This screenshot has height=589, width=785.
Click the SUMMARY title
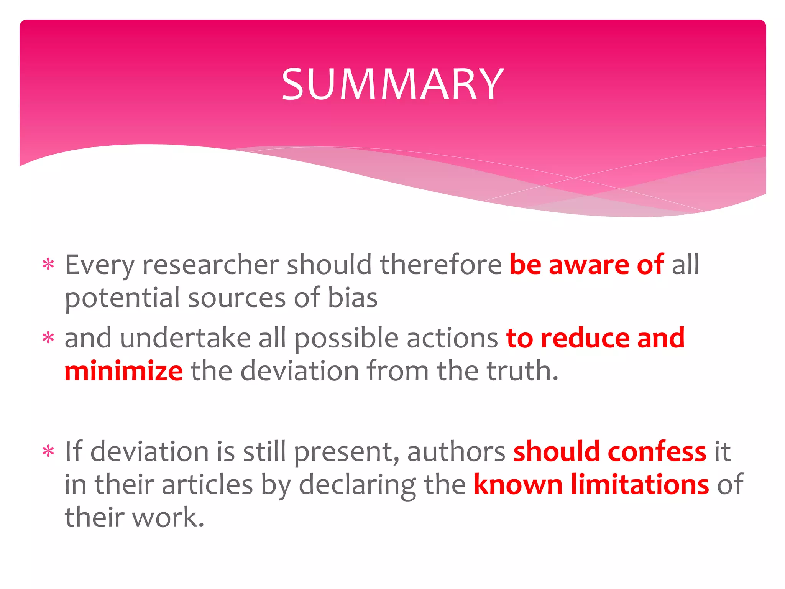click(x=392, y=84)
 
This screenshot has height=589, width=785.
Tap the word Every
click(x=99, y=265)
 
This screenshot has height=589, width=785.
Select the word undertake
click(x=185, y=338)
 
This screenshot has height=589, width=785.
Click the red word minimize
click(x=123, y=371)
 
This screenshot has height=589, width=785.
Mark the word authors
click(x=456, y=452)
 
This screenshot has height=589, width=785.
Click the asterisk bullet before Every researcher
click(x=48, y=265)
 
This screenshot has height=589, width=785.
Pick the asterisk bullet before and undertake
click(x=48, y=338)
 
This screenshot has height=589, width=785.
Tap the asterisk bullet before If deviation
click(x=48, y=451)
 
